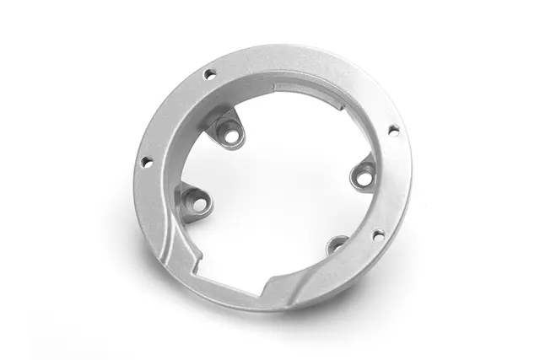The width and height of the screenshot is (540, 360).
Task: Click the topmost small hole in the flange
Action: point(210,74)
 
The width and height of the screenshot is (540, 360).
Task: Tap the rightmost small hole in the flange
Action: point(393,130)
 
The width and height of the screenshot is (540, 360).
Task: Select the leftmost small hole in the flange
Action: point(145,162)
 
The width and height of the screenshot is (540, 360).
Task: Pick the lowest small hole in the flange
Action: point(378,235)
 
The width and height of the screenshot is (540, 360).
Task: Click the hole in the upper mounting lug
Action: point(228,131)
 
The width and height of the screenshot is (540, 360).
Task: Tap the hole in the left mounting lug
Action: point(199,204)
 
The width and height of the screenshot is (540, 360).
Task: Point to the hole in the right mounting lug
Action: point(364,178)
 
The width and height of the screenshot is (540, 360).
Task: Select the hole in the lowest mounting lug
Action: point(337,247)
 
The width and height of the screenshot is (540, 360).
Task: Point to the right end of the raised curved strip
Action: point(343,106)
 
